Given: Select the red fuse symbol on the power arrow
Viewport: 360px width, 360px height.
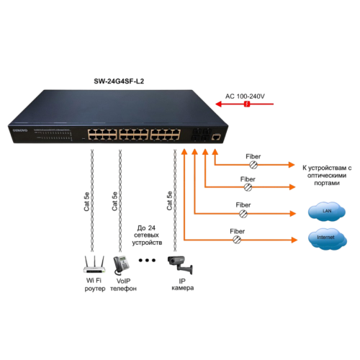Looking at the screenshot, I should pos(246,105).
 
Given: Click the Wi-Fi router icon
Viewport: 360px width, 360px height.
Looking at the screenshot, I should pos(92,262).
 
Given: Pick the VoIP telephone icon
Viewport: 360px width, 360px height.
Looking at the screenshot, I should pos(119,263).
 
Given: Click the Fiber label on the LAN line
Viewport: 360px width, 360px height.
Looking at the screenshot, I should pos(244,204).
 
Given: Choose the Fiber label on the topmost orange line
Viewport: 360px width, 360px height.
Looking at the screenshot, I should pos(253,156).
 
